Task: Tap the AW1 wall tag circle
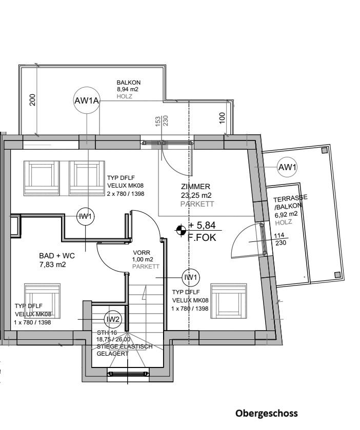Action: (287, 167)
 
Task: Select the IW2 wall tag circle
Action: (113, 319)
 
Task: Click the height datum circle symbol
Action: (181, 231)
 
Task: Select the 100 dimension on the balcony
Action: (222, 117)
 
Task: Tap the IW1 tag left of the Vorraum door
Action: (85, 217)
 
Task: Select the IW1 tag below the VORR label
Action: (191, 277)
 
